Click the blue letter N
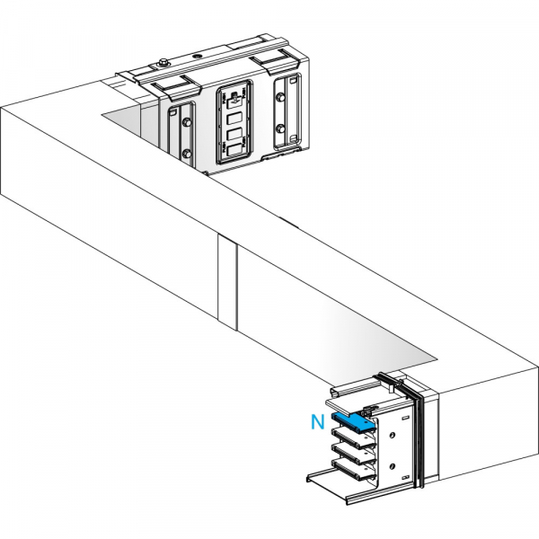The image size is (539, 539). click(x=317, y=422)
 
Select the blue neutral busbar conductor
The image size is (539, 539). click(x=353, y=421)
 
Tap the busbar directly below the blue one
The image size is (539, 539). click(x=352, y=437)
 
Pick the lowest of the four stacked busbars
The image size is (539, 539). click(x=352, y=470)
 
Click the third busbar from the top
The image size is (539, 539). click(x=352, y=454)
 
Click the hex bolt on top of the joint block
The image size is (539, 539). click(x=163, y=63)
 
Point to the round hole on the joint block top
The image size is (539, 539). click(x=199, y=56)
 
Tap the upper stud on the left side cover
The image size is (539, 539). click(x=187, y=122)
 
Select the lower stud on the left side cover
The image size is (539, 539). click(x=187, y=153)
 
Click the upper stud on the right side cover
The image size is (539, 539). click(x=281, y=98)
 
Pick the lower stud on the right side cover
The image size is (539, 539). click(x=281, y=128)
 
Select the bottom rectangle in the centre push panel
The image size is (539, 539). click(x=234, y=150)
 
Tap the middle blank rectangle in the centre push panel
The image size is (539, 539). click(x=234, y=135)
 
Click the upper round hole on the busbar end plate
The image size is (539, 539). click(x=392, y=435)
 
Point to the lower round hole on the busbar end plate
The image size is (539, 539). click(x=392, y=466)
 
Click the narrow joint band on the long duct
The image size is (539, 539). click(x=227, y=282)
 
